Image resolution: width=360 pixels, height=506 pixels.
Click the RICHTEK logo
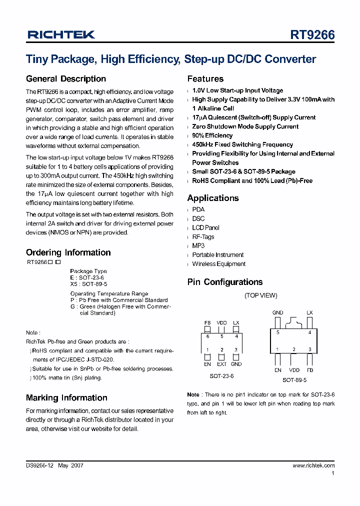click(x=60, y=35)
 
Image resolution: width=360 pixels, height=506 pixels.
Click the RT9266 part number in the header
click(x=312, y=35)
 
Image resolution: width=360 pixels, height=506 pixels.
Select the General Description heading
click(x=66, y=79)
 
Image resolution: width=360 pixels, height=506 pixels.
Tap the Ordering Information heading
click(x=68, y=252)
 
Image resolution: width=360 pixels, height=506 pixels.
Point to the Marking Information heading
click(x=66, y=398)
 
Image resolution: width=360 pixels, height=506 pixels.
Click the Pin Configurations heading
click(x=225, y=282)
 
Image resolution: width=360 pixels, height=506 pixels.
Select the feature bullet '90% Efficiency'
click(x=212, y=135)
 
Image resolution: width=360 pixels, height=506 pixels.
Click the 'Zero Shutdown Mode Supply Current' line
click(x=245, y=126)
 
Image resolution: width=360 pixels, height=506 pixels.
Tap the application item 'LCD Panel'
click(x=205, y=227)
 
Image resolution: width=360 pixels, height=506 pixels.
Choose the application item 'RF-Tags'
click(x=203, y=236)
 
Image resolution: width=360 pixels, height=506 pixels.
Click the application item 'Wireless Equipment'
click(x=218, y=264)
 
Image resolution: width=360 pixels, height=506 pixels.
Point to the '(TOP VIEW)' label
click(x=260, y=295)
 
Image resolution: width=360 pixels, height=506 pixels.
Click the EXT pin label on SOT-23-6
click(x=221, y=364)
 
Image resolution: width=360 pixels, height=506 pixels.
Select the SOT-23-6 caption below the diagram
click(x=221, y=376)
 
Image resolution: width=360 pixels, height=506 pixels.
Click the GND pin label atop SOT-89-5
click(x=277, y=312)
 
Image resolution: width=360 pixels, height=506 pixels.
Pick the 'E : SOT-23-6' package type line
click(x=87, y=277)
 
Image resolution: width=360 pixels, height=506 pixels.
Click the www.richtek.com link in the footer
click(x=313, y=465)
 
